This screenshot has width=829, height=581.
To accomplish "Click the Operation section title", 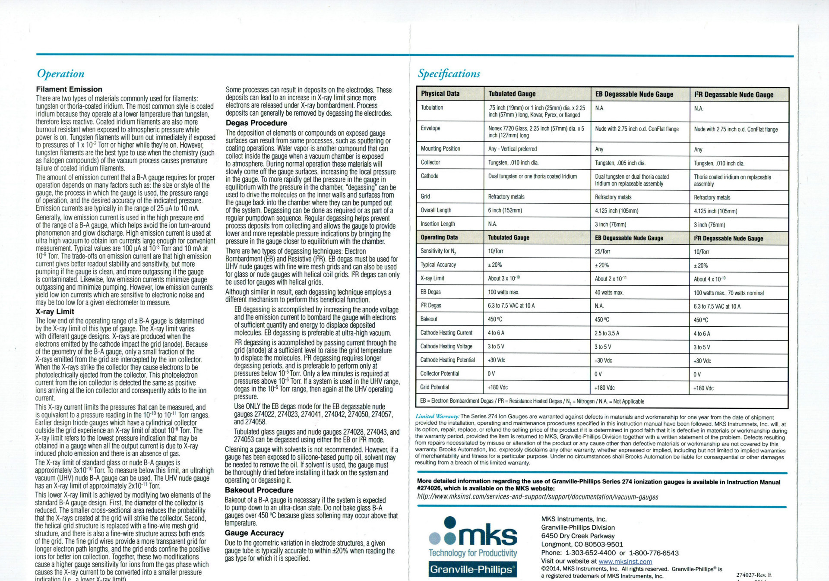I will click(x=60, y=74).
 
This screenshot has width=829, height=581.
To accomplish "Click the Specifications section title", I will click(x=449, y=74).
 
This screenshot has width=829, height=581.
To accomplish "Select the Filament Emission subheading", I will click(x=69, y=89).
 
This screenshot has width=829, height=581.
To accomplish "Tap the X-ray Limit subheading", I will click(x=55, y=312).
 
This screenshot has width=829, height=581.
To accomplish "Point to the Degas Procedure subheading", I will click(x=256, y=123).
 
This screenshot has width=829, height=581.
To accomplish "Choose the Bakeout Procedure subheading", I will click(x=259, y=490).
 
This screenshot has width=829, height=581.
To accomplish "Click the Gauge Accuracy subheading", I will click(x=254, y=533).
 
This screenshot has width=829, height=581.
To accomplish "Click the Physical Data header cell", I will click(x=440, y=94).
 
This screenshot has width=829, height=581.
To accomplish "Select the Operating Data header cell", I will click(x=439, y=237).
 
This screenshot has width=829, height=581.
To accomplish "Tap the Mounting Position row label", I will click(x=440, y=148).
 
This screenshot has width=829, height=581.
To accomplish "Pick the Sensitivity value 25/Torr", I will click(x=602, y=252).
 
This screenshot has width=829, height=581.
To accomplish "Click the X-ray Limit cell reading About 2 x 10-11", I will click(x=611, y=279).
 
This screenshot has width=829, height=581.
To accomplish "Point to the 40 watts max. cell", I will click(x=609, y=293).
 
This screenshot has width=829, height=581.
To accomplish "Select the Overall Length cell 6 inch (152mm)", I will click(x=505, y=211).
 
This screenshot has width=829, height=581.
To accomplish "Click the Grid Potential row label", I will click(x=435, y=387).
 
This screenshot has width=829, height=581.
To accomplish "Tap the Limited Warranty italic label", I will click(x=437, y=417).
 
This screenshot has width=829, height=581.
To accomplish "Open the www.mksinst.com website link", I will click(x=625, y=562).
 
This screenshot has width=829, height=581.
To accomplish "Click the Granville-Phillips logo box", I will click(x=473, y=569).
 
